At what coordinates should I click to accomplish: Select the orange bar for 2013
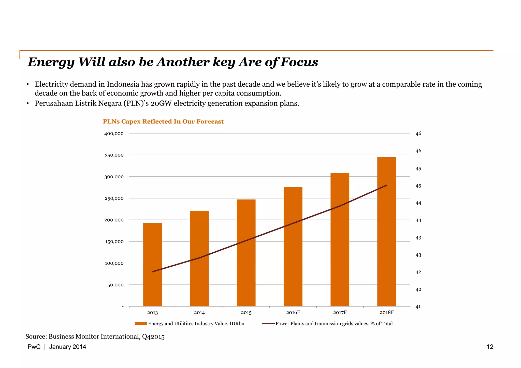(152, 264)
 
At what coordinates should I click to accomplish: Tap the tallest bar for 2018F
(386, 231)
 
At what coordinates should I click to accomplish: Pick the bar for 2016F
(293, 247)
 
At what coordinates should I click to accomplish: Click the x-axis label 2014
(199, 313)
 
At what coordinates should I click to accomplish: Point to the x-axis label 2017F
(340, 312)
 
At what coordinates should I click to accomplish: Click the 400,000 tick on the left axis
(114, 134)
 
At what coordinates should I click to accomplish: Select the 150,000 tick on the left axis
(114, 242)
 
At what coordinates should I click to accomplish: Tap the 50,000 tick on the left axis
(115, 285)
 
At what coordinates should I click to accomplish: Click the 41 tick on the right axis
(418, 307)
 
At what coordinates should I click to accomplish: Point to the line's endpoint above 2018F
(387, 185)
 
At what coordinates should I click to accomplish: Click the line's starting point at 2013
(153, 272)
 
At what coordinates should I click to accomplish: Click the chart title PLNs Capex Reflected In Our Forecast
(163, 121)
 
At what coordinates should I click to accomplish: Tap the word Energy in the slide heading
(51, 62)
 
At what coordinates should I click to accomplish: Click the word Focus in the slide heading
(299, 62)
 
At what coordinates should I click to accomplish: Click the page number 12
(490, 347)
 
